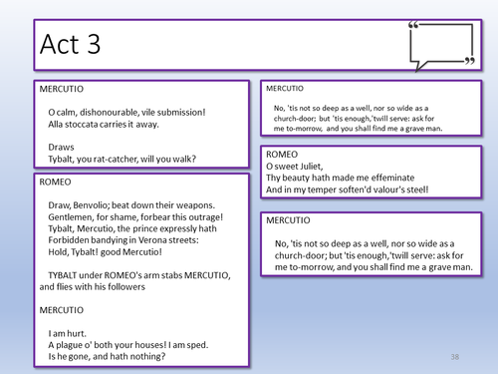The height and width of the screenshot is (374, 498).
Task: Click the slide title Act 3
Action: [x=70, y=44]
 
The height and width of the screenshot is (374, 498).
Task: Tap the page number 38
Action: [x=455, y=357]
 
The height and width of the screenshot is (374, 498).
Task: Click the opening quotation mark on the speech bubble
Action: [x=413, y=25]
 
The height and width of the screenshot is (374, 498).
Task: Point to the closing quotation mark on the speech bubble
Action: [x=470, y=61]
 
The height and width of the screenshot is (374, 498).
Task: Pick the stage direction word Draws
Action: [x=61, y=148]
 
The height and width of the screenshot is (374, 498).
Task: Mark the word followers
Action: [x=126, y=287]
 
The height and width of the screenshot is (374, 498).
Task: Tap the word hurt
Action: [x=77, y=333]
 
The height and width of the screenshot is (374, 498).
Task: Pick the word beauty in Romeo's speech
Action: [x=294, y=178]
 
